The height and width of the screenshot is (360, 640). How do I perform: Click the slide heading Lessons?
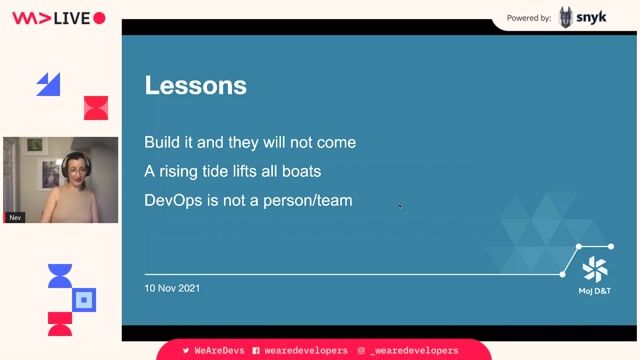click(195, 86)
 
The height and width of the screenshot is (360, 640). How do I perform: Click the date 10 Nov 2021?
click(172, 289)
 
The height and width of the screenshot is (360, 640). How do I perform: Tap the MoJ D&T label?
click(595, 291)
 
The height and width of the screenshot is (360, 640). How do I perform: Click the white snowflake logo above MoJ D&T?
click(595, 268)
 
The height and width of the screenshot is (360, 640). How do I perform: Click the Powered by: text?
click(529, 18)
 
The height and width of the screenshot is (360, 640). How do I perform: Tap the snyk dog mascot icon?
click(567, 17)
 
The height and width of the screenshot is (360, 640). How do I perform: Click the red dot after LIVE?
click(99, 18)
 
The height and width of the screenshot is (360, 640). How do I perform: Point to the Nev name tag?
click(15, 217)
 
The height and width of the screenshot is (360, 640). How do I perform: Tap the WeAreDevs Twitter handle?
click(213, 351)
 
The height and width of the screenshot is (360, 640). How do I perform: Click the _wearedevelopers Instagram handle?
click(413, 351)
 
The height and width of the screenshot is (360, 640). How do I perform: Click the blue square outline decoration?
click(85, 299)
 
